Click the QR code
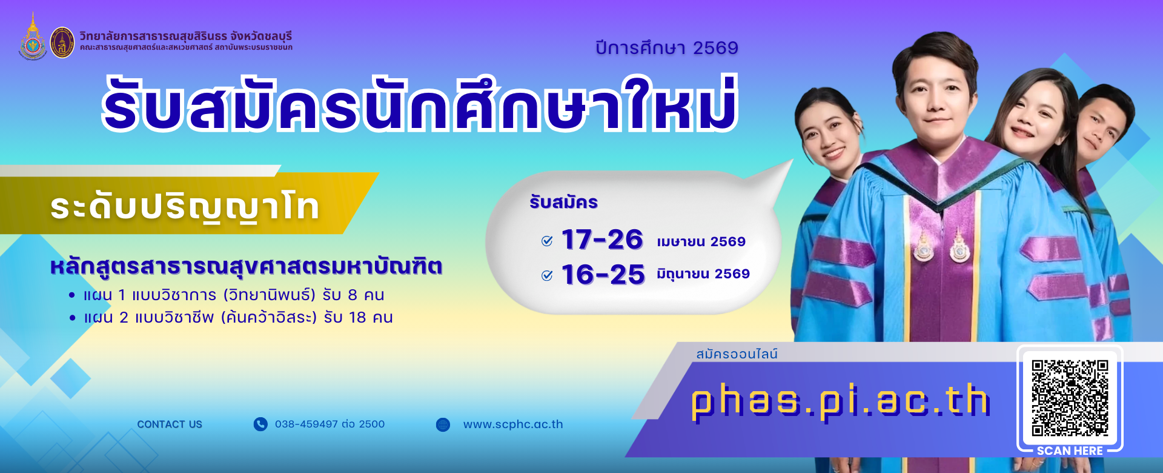coord(1070,398)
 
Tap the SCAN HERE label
coord(1070,451)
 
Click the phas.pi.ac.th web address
coord(840,401)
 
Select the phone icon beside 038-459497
coord(260,424)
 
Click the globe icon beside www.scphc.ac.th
coord(443,424)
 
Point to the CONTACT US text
coord(170,424)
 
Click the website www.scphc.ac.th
coord(513,424)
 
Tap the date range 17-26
coord(602,240)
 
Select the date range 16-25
coord(603,275)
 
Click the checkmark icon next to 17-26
coord(547,241)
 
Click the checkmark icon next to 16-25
coord(547,276)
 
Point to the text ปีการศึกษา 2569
coord(667,48)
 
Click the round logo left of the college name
coord(62,42)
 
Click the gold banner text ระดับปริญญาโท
coord(185,207)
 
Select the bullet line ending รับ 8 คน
coord(227,295)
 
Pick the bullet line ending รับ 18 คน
coord(231,318)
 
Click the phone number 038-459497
coord(330,424)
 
